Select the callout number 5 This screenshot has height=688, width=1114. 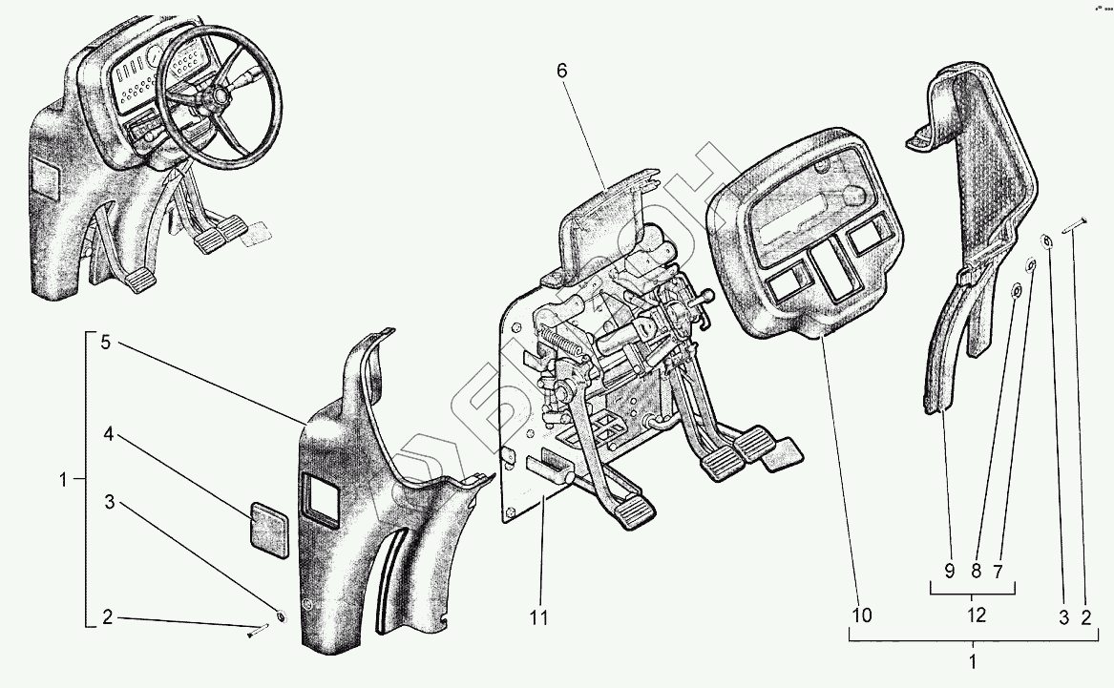107,344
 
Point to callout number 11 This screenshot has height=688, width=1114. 539,618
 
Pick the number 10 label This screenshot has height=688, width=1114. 862,616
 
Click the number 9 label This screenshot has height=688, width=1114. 950,570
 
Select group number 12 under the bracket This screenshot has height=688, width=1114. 976,615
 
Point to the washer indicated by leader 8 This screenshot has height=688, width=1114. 1018,289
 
